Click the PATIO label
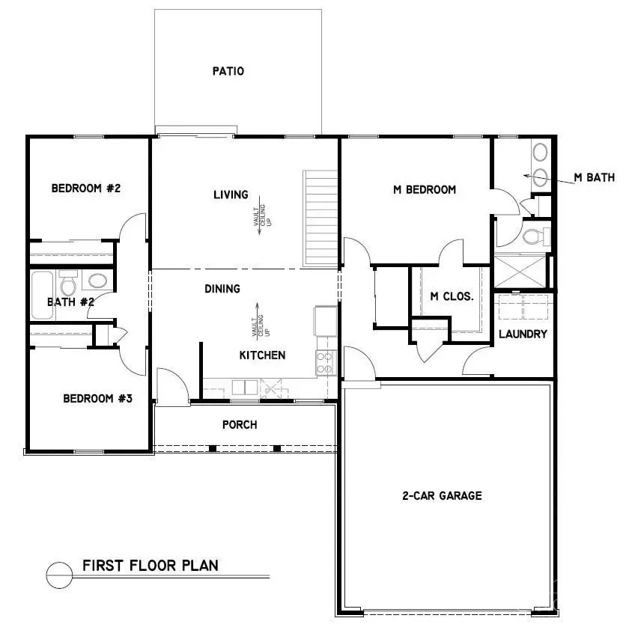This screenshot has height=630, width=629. [x=228, y=72]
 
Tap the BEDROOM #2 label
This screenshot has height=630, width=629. [x=86, y=189]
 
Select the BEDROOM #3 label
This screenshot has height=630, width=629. [x=97, y=399]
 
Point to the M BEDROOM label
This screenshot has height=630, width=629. [x=425, y=190]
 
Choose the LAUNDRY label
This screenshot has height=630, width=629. [x=523, y=334]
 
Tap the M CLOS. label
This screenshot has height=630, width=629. [x=452, y=296]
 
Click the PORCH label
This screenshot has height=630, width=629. [x=240, y=425]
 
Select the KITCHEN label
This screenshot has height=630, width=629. [x=262, y=355]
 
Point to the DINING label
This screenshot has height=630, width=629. [x=222, y=289]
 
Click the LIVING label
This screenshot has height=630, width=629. [x=231, y=195]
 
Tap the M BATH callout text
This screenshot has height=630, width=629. [x=594, y=178]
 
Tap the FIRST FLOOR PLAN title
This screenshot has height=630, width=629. [x=151, y=565]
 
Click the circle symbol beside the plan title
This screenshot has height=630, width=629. [x=58, y=574]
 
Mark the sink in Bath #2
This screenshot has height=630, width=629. [x=97, y=282]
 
